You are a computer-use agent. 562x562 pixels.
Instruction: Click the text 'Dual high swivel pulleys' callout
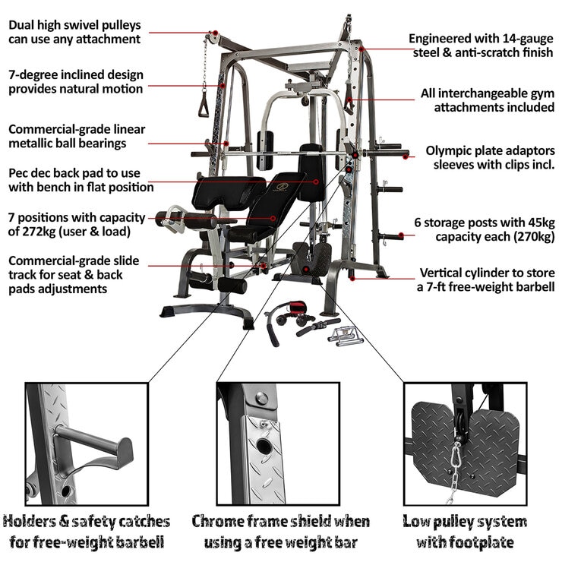pos(74,24)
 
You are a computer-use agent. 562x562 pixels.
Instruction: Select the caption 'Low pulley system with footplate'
pos(464,532)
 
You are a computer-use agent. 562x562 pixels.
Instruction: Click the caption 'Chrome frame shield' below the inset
pos(280,522)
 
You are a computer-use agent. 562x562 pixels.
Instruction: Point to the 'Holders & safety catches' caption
pos(86,522)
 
